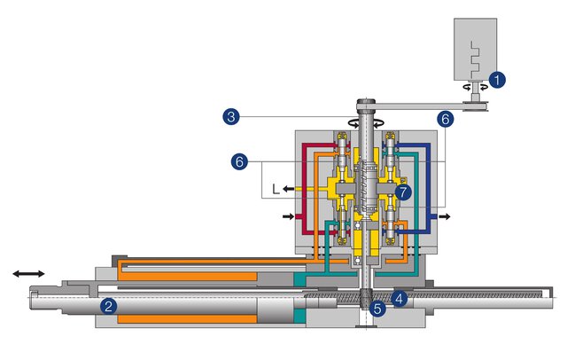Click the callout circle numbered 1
498,81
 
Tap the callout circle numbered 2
108,307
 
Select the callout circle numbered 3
230,116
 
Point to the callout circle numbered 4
400,298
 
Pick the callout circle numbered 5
378,309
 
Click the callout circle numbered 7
403,191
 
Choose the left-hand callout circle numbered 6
237,161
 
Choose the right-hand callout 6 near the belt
445,117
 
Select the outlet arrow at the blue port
442,215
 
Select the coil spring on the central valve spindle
366,188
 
